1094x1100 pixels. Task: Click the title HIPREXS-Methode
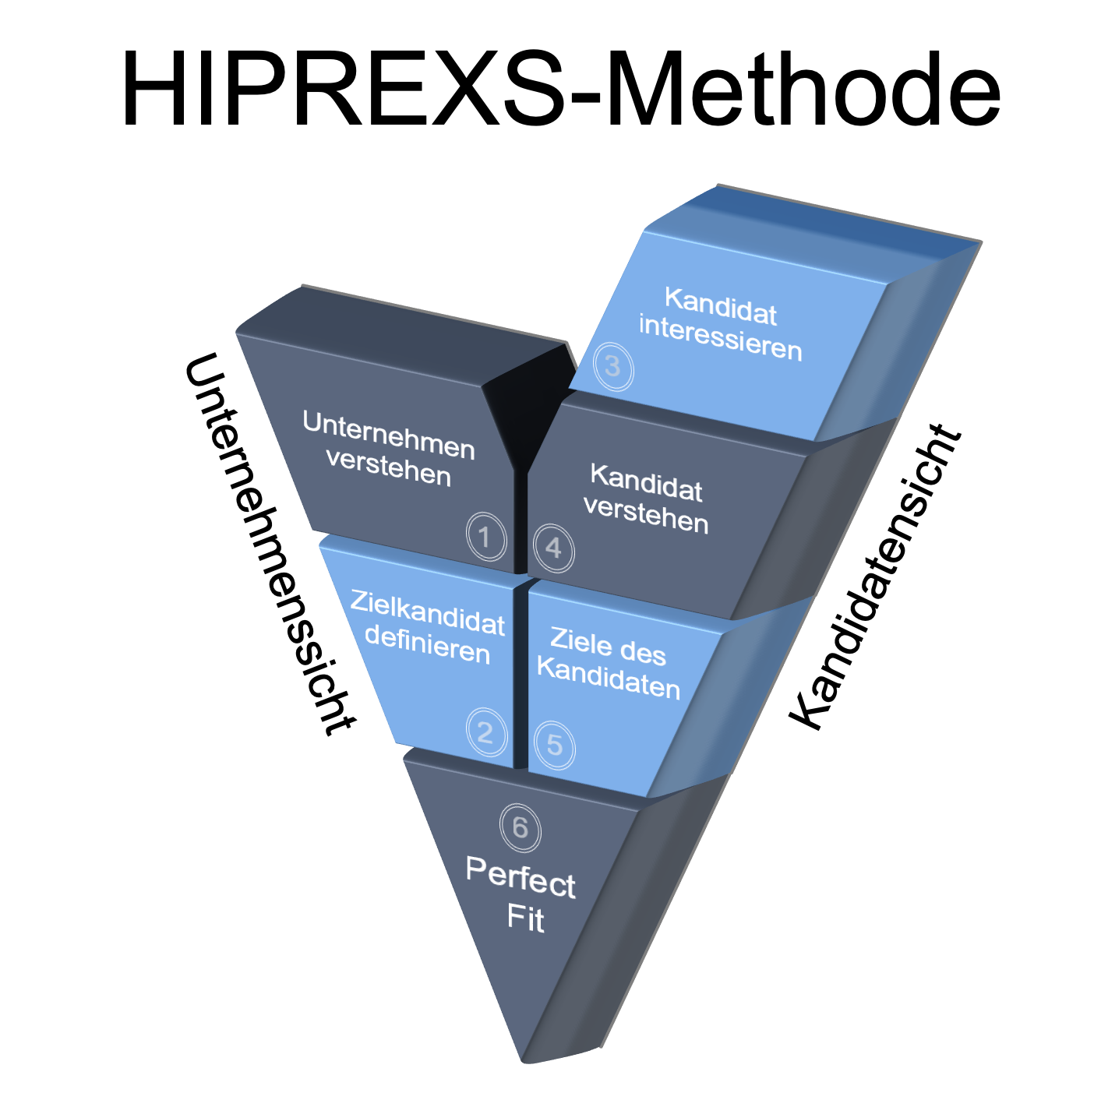[559, 88]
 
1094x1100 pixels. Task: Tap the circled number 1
[485, 536]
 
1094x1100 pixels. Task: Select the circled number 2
[485, 732]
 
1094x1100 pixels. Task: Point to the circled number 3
[613, 365]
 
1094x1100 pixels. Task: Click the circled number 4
[553, 548]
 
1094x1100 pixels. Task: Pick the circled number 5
[554, 746]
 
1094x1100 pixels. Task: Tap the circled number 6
[520, 827]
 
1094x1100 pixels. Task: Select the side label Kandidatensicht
[876, 576]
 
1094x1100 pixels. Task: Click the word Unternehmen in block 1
[389, 435]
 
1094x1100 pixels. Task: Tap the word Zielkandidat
[428, 613]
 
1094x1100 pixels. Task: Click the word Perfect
[521, 877]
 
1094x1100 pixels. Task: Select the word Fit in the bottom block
[526, 918]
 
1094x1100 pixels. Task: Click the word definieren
[427, 645]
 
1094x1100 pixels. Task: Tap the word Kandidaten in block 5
[609, 678]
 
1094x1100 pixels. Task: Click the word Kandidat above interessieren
[721, 305]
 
